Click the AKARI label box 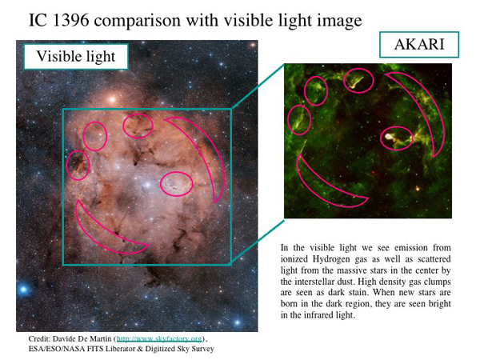tap(419, 45)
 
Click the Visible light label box tap(76, 57)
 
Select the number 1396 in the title tap(70, 20)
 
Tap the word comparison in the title tap(138, 21)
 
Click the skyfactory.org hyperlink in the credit tap(159, 339)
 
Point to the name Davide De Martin tap(82, 339)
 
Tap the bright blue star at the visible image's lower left tap(23, 289)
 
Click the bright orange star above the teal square tap(112, 99)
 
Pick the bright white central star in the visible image tap(148, 185)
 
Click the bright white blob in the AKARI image tap(389, 136)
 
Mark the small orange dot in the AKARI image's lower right tap(418, 188)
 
